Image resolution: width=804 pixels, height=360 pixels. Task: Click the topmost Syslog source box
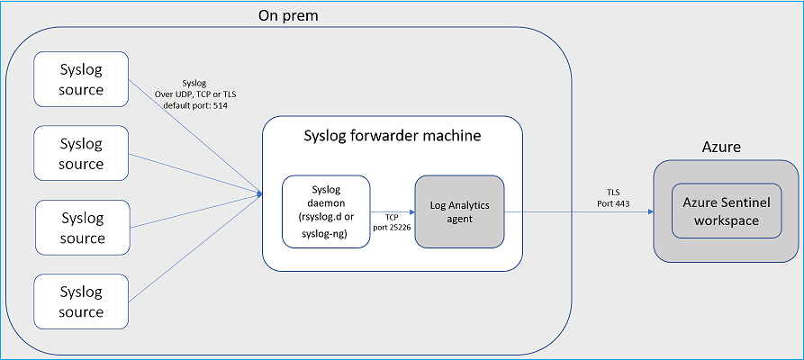pyautogui.click(x=81, y=79)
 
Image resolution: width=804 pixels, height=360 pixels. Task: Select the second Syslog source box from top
pyautogui.click(x=81, y=153)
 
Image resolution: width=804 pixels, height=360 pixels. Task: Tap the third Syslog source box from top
pyautogui.click(x=82, y=228)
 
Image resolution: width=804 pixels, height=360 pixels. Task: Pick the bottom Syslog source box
pyautogui.click(x=81, y=301)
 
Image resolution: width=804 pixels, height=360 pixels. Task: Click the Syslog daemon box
pyautogui.click(x=326, y=211)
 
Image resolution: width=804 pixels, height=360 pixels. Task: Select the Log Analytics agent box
pyautogui.click(x=459, y=211)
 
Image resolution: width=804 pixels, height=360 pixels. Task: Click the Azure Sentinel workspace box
pyautogui.click(x=727, y=211)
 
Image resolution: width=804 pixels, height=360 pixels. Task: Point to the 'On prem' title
pyautogui.click(x=288, y=16)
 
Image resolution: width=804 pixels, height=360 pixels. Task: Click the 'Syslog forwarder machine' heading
pyautogui.click(x=393, y=136)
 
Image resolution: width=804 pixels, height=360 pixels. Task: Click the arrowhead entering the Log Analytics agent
pyautogui.click(x=411, y=211)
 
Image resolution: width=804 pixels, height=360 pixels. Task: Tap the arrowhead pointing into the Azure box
pyautogui.click(x=650, y=211)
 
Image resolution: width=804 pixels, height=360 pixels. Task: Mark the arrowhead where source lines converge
pyautogui.click(x=259, y=193)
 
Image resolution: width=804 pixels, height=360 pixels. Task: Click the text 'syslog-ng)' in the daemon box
pyautogui.click(x=326, y=233)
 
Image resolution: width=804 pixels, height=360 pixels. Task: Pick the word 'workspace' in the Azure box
pyautogui.click(x=727, y=220)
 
